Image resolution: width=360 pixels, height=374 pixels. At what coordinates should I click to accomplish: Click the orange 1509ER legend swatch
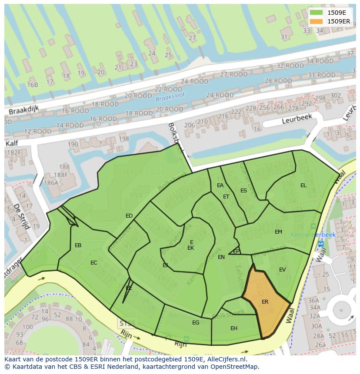point(317,21)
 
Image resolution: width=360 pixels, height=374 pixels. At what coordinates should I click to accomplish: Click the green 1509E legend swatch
point(317,13)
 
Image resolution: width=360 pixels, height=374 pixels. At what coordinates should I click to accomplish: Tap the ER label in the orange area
point(265,301)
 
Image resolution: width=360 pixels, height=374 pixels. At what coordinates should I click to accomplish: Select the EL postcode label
point(303,185)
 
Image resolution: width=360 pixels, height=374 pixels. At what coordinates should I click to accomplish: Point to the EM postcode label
point(279,232)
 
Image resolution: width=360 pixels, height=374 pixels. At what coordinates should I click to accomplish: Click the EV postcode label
point(283,270)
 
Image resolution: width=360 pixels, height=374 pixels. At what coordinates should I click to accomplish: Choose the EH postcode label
point(234,328)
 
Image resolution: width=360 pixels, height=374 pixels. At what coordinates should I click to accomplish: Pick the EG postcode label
point(196,322)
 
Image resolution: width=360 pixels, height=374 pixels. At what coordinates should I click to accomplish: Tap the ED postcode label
point(129,216)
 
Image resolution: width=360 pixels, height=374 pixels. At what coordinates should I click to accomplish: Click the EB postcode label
point(78,245)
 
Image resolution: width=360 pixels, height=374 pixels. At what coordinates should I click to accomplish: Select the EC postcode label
point(94,263)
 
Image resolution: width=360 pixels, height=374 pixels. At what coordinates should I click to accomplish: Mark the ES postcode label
point(244,190)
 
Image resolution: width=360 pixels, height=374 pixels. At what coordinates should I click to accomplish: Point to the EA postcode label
point(220,185)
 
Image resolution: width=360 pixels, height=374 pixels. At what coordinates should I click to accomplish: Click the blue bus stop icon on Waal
point(321,244)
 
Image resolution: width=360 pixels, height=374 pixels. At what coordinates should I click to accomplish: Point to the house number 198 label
point(124,139)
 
